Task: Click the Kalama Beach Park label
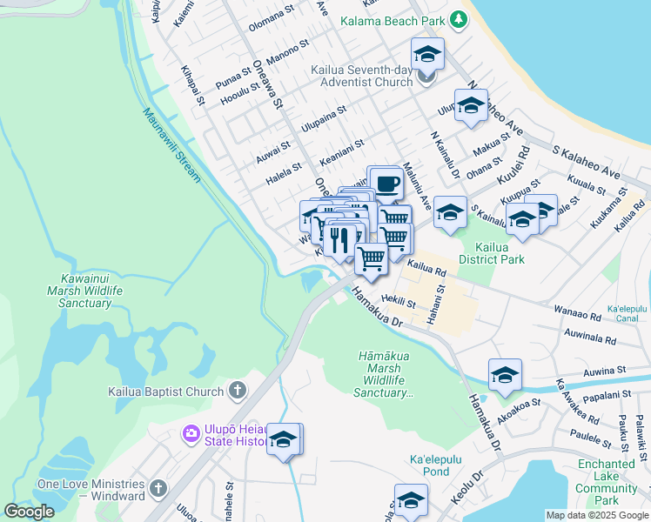point(393,21)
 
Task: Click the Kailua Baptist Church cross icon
point(237,391)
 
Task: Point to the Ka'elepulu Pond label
point(428,472)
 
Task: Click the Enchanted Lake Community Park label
point(606,482)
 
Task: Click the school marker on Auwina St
point(505,375)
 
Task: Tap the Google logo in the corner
point(29,512)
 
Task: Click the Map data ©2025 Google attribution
point(596,515)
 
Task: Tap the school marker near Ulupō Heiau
point(283,440)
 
